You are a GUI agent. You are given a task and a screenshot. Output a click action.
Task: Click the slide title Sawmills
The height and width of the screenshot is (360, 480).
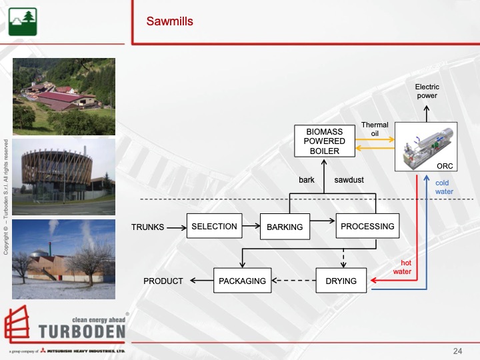pos(169,22)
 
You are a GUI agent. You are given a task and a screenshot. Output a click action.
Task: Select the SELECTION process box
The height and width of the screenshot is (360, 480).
pos(214,227)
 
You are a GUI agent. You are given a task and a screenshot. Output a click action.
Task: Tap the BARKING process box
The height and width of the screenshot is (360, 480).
pos(285,227)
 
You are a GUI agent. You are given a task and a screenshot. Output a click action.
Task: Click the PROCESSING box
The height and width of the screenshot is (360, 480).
pos(367,227)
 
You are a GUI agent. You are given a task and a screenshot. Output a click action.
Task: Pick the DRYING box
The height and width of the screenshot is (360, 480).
pos(341,281)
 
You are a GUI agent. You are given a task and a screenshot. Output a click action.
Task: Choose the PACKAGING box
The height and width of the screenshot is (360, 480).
pos(242,281)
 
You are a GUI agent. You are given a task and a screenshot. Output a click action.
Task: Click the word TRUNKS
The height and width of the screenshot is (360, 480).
pos(147,227)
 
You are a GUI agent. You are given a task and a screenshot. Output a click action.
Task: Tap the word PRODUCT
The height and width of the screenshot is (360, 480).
pos(163,281)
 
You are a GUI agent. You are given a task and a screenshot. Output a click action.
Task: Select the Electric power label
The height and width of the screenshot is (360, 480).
pos(427,91)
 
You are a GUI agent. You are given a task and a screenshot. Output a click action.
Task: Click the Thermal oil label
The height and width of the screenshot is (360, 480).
pos(375,129)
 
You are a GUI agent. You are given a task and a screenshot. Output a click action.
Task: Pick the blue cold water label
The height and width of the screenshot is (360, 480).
pos(443,187)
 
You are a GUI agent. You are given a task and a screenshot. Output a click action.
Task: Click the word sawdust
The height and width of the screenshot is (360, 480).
pos(349,180)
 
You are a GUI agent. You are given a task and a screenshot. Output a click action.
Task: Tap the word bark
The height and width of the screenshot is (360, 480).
pos(306,180)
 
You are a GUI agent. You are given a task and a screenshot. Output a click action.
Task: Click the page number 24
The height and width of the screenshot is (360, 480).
pos(457,351)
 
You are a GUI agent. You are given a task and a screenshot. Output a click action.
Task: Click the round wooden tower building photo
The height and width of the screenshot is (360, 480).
pos(64,177)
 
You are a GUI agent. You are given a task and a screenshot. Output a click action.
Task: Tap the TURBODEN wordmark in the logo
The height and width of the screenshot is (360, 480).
pos(82,331)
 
